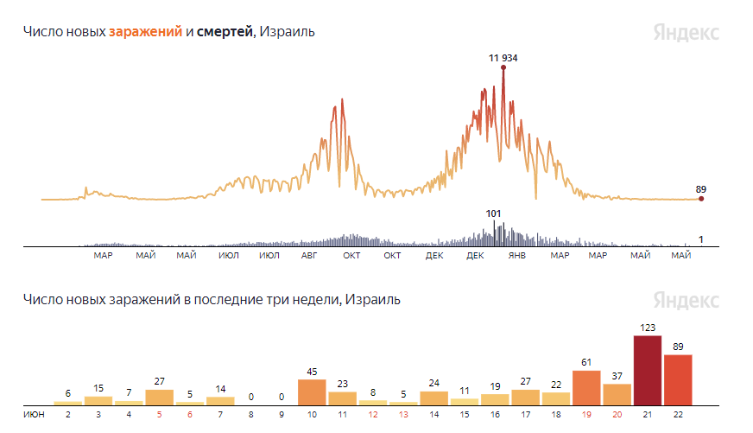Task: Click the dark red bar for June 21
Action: coord(648,371)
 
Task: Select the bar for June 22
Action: coord(678,380)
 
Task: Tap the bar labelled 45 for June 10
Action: coord(312,392)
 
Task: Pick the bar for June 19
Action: coord(586,388)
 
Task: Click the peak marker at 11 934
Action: coord(503,67)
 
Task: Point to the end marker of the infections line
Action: coord(701,199)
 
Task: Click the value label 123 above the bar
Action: coord(648,328)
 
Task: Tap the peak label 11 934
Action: coord(503,58)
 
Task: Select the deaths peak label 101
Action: coord(493,213)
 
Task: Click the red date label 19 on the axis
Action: coord(586,414)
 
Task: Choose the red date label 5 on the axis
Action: coord(160,414)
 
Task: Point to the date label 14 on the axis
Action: coord(434,414)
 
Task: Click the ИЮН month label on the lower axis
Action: coord(34,414)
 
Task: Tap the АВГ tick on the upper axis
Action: coord(309,255)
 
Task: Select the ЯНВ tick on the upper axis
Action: coord(517,255)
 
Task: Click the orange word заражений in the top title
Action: coord(146,32)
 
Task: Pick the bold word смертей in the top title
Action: coord(225,32)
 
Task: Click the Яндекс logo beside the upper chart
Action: coord(687,33)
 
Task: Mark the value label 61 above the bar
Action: coord(586,362)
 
